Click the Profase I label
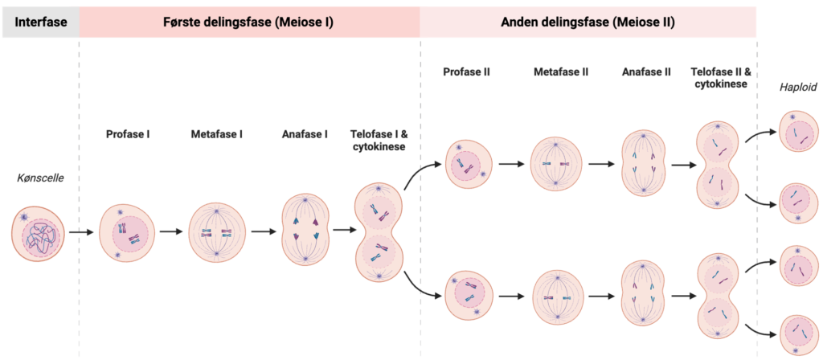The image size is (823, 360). [x=128, y=133]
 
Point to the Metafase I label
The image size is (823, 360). [x=217, y=133]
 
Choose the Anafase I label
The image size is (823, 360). [x=305, y=133]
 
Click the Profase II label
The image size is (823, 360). [x=466, y=72]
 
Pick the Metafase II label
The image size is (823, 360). [x=560, y=72]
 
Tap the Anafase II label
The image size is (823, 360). [x=645, y=72]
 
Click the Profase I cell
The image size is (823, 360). [x=126, y=233]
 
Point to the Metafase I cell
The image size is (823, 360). [x=217, y=233]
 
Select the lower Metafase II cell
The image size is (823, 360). [x=555, y=297]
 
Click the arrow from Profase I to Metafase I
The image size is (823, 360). [x=171, y=233]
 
